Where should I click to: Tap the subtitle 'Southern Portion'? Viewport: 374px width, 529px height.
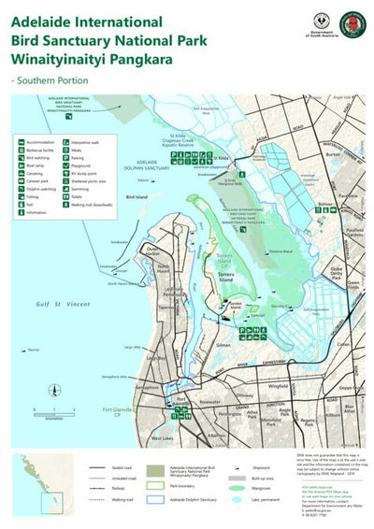tap(51, 80)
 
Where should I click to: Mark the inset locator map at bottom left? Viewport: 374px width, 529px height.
tap(42, 487)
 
